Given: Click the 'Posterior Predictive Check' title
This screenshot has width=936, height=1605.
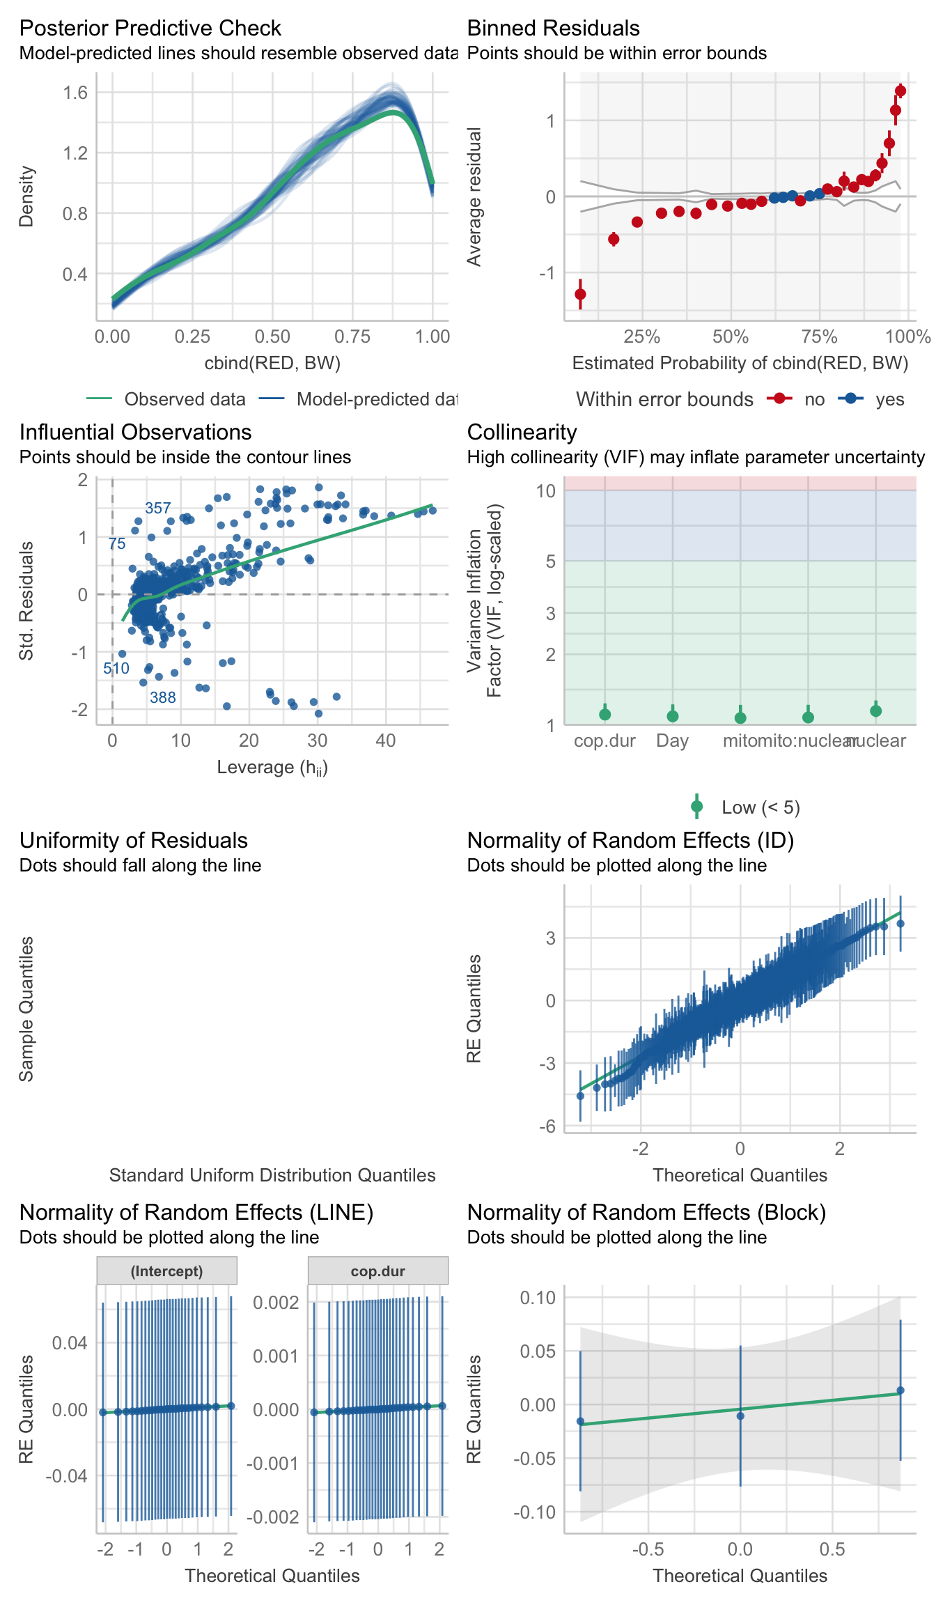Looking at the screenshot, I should coord(150,28).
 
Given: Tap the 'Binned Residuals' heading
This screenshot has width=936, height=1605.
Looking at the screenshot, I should coord(553,28).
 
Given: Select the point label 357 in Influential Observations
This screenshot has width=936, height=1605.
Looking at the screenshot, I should coord(158,508).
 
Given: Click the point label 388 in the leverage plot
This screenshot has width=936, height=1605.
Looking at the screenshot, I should coord(163,697).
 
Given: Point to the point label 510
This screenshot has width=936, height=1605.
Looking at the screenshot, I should coord(116,669).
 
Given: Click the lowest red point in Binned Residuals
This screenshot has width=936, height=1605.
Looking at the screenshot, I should coord(580,294).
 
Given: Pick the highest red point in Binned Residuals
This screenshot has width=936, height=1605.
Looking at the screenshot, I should coord(900,91).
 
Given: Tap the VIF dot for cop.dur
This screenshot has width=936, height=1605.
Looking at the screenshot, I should coord(605,714).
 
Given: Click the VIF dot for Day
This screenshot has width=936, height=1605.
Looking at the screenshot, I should coord(673,715).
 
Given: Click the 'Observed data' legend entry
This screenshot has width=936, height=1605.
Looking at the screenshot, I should coord(185,399).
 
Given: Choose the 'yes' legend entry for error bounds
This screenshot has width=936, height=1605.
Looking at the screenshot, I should coord(889,399).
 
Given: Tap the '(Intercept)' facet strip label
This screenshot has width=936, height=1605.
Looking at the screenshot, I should coord(166,1271).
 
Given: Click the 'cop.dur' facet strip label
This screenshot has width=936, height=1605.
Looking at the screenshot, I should coord(378,1271).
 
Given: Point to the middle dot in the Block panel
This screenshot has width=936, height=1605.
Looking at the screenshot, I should coord(740,1416).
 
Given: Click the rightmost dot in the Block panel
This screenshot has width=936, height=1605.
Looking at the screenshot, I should coord(900,1390).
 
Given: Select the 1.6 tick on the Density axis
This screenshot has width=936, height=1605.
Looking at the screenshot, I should coord(75,92).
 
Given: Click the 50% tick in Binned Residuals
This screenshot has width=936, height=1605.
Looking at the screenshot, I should coord(731,337).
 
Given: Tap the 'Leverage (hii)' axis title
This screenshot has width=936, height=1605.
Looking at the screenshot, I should coord(272,767).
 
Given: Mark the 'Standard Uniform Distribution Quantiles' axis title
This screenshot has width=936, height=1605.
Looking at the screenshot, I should coord(272,1175).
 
